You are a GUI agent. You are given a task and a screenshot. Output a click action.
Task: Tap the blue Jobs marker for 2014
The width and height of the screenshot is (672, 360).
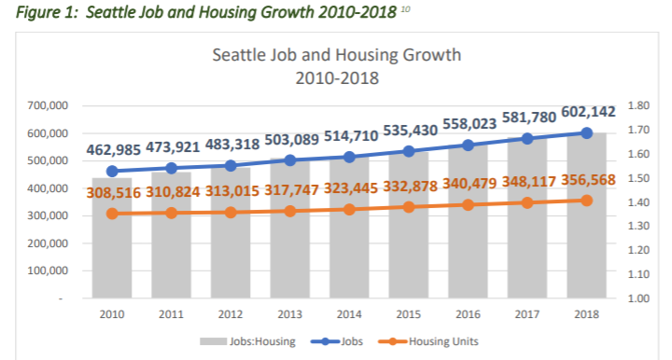click(x=349, y=157)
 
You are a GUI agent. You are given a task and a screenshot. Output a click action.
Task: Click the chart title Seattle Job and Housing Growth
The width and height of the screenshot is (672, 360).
click(x=337, y=55)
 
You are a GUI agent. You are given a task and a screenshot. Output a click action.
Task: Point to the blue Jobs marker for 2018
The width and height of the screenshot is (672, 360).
click(x=585, y=132)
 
